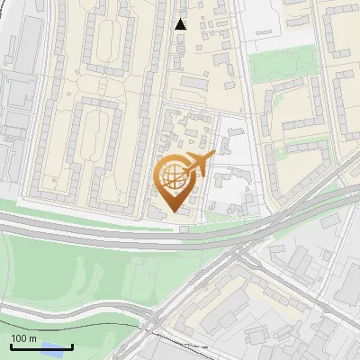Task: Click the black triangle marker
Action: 181,24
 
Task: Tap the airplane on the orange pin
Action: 199,164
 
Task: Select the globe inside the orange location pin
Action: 173,178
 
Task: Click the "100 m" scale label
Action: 23,338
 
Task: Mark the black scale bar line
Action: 41,346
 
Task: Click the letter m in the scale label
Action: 31,338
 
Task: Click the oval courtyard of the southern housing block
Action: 90,144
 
